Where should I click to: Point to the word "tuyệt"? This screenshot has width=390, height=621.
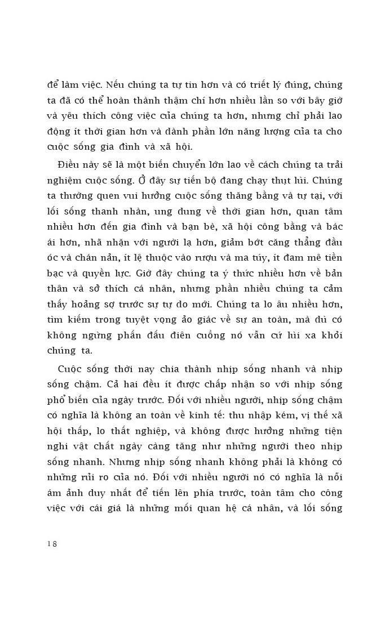point(153,320)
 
